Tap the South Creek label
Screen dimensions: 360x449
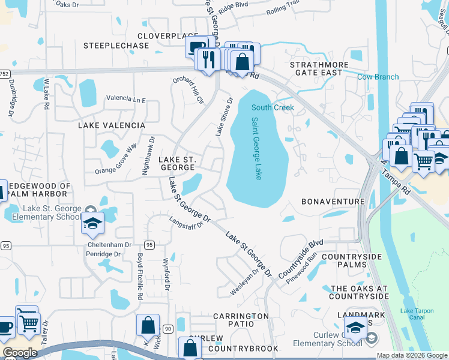click(x=273, y=107)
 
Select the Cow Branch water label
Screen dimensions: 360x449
click(x=378, y=77)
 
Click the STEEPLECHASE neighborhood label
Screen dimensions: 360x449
click(x=116, y=45)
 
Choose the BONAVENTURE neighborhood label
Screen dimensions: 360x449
click(x=333, y=202)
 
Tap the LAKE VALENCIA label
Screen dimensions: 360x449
click(x=112, y=125)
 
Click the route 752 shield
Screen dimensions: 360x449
click(x=5, y=73)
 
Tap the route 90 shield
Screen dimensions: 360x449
click(x=167, y=328)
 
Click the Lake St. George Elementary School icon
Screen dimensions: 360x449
click(x=92, y=224)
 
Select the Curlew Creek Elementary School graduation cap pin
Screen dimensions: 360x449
click(x=357, y=329)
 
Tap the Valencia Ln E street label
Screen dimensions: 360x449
click(x=126, y=98)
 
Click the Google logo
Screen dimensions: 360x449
click(x=20, y=353)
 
